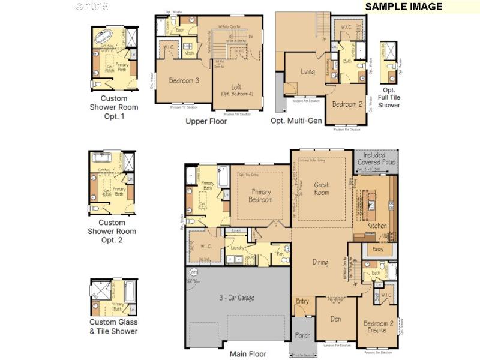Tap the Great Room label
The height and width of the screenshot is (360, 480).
(322, 188)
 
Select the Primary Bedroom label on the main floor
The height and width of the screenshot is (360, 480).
(260, 196)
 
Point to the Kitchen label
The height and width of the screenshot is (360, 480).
(377, 226)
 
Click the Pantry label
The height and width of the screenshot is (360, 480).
(378, 249)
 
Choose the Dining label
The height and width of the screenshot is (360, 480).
(320, 262)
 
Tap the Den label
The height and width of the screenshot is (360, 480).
(335, 319)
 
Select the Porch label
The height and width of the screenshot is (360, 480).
(302, 335)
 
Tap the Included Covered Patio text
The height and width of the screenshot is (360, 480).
(376, 159)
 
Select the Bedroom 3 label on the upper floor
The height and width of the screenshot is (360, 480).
(183, 80)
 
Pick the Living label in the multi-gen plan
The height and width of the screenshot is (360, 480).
(307, 72)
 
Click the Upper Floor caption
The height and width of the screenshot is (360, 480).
(206, 121)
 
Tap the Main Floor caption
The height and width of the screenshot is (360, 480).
(248, 354)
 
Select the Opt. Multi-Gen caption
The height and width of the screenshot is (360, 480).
(296, 121)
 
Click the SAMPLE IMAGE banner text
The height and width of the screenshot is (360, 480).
(403, 7)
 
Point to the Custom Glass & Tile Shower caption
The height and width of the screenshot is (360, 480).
(113, 326)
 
